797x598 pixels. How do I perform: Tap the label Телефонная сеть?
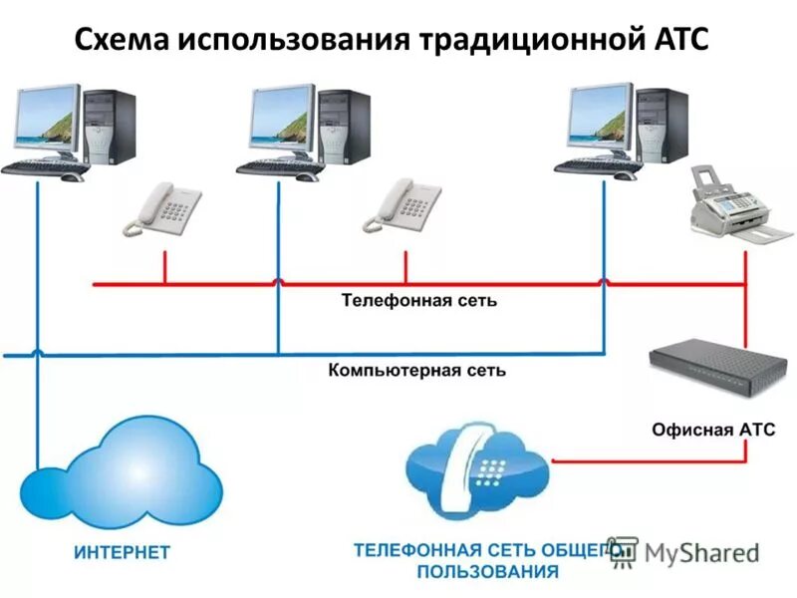click(418, 300)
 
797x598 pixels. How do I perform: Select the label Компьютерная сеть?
click(416, 371)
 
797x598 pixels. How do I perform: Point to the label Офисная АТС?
click(713, 430)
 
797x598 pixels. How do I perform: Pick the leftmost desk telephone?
click(161, 209)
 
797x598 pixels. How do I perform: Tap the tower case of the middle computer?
click(345, 128)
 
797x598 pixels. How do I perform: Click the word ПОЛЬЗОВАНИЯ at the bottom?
click(487, 573)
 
